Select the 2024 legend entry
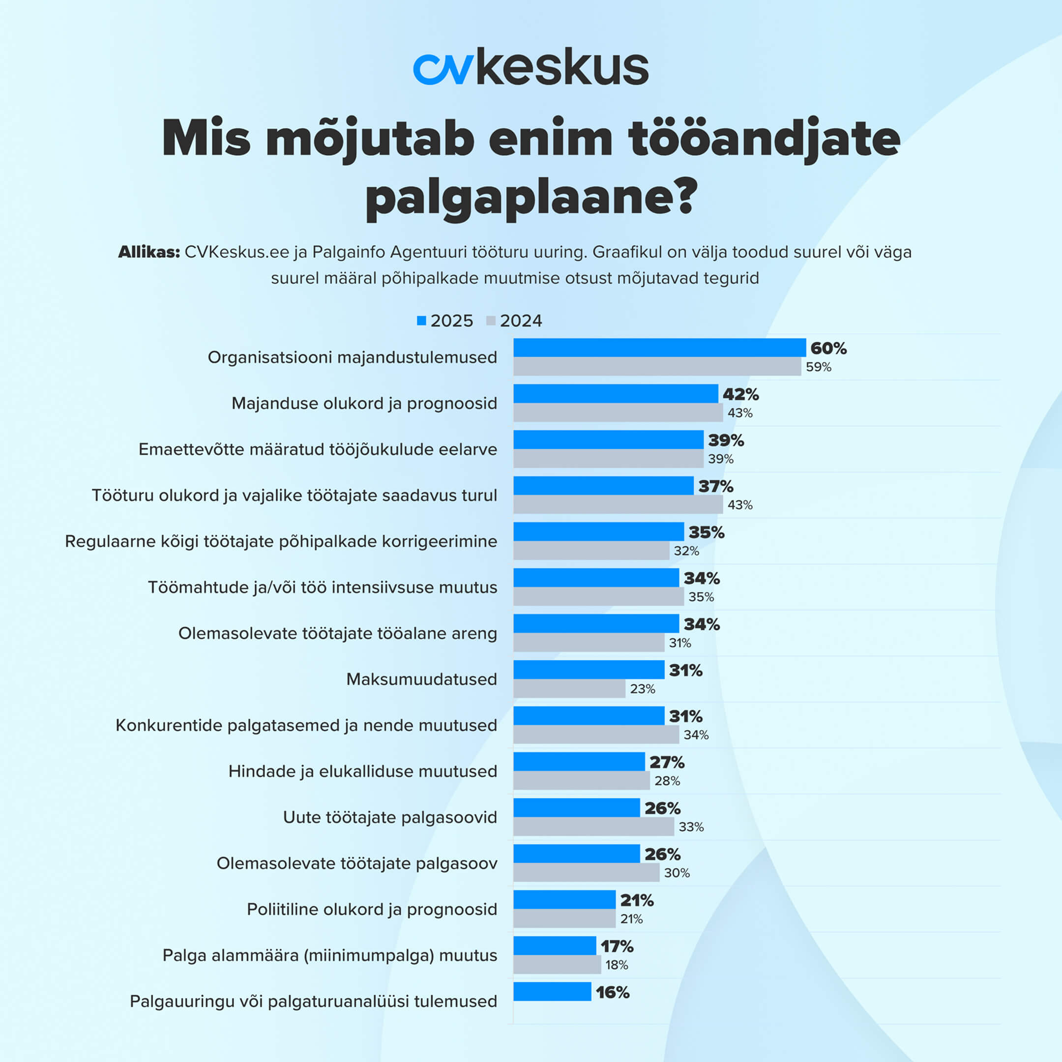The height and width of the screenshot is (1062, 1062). click(514, 321)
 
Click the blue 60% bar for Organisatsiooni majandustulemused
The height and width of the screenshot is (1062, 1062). click(659, 348)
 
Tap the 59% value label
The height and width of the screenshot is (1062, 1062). click(818, 367)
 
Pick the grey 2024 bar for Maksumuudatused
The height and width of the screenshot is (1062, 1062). click(569, 689)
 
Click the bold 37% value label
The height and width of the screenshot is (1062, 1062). click(715, 486)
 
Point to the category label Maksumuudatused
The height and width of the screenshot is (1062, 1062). click(421, 679)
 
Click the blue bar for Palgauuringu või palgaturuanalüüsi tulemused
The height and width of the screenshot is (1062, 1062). click(552, 992)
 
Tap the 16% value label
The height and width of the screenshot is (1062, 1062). click(612, 992)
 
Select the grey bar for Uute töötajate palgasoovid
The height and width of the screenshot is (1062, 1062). click(593, 826)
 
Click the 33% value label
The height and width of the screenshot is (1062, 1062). click(690, 826)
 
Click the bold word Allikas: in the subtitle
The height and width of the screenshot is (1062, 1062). click(149, 252)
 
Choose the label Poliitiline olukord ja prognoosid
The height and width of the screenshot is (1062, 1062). click(372, 909)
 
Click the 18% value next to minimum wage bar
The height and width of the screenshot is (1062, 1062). click(616, 965)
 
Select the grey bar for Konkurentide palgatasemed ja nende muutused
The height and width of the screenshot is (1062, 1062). click(596, 735)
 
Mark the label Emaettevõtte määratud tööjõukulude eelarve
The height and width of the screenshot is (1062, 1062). click(318, 449)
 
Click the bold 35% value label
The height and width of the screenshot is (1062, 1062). click(706, 532)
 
